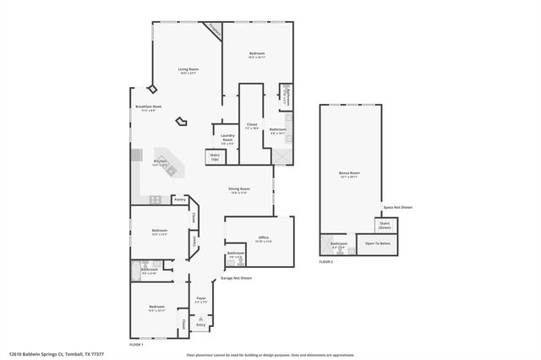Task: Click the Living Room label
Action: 188,69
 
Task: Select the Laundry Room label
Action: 227,137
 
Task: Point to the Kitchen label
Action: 160,161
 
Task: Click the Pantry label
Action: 179,200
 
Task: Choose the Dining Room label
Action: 239,189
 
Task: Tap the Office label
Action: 264,238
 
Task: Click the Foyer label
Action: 201,298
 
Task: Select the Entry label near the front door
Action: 201,325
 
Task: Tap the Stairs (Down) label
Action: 385,226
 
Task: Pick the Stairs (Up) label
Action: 215,156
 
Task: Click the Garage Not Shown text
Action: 236,278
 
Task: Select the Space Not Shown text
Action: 397,207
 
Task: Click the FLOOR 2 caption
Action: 326,262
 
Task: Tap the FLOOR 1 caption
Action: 136,345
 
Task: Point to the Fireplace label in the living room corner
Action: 214,30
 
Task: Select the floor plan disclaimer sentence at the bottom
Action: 276,355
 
